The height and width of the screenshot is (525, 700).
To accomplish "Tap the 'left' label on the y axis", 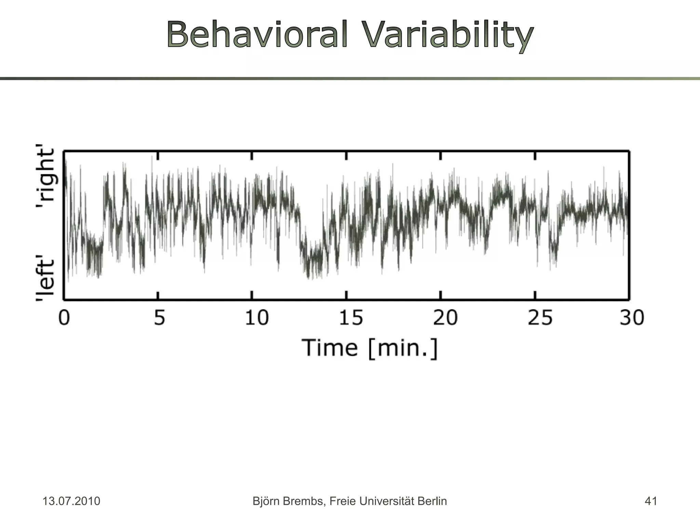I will coord(45,279).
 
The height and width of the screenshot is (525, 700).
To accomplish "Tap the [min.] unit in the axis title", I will coord(403,348).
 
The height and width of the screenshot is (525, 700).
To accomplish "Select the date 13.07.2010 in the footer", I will coord(71,501).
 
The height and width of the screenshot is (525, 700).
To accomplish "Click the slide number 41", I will coord(650,501).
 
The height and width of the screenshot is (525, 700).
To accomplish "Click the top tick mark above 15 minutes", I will coord(346,156).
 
